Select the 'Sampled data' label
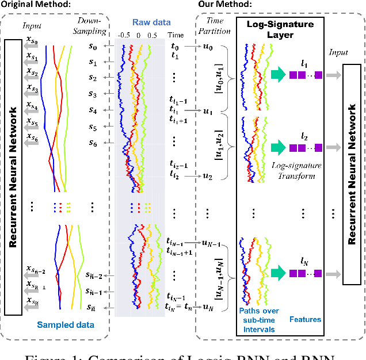click(x=65, y=325)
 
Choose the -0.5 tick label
click(x=123, y=35)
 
